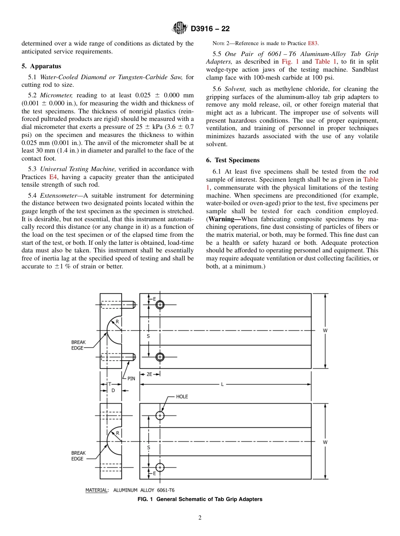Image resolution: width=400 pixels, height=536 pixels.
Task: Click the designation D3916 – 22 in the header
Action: tap(210, 29)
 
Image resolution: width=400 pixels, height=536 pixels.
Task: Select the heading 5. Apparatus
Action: tap(41, 66)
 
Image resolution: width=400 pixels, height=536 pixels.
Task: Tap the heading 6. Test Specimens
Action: tap(233, 160)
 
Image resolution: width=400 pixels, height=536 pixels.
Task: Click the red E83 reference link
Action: tap(313, 43)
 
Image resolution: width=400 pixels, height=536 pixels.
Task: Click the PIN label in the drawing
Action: tap(131, 378)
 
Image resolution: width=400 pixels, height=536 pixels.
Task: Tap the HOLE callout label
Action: tap(182, 397)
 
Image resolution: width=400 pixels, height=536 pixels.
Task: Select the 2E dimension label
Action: tap(149, 374)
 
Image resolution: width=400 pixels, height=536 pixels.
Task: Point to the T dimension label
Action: tap(109, 384)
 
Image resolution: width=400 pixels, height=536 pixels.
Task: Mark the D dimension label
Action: tap(113, 391)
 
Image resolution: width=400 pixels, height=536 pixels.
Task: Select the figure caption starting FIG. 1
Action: tap(200, 499)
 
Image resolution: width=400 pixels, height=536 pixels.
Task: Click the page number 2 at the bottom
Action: tap(200, 518)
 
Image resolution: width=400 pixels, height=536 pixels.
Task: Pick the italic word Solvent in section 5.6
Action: tap(235, 89)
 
